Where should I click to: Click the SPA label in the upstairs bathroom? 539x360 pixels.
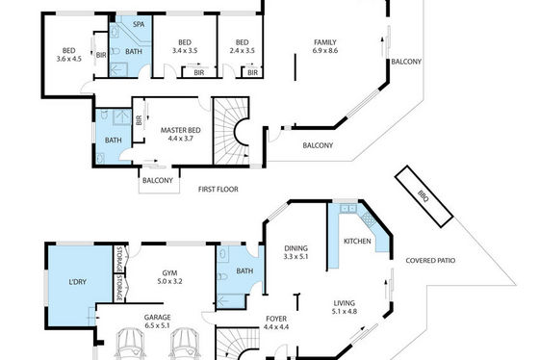point(139,24)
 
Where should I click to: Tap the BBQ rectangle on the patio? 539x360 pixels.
point(423,196)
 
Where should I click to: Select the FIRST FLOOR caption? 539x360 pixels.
point(218,189)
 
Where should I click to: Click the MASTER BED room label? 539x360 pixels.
point(181,130)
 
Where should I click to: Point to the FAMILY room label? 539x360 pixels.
point(325,42)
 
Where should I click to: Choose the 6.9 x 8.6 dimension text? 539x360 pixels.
point(325,51)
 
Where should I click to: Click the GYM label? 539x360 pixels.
point(169,273)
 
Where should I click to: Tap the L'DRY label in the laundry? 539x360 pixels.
point(77,282)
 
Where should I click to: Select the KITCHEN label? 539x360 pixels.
point(357,241)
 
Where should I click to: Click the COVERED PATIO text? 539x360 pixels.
point(430,260)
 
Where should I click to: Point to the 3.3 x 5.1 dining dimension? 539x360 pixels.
point(296,256)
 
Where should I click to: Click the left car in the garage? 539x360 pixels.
point(129,345)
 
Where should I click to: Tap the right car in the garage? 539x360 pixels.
point(185,345)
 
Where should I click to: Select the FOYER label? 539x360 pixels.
point(276,319)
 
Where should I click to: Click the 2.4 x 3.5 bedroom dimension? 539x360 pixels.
point(242,51)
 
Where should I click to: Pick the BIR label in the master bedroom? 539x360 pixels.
point(139,120)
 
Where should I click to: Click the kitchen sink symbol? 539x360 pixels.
point(348,208)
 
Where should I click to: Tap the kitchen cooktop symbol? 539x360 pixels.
point(368,219)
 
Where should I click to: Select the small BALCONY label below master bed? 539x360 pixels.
point(158,180)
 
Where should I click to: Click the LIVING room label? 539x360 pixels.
point(345,303)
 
